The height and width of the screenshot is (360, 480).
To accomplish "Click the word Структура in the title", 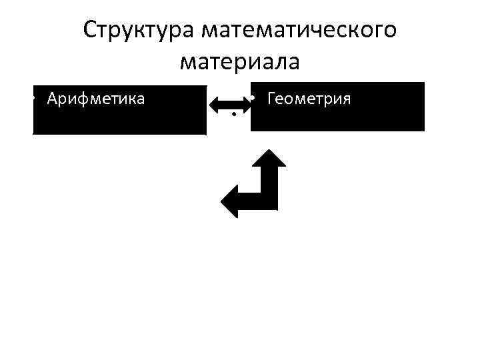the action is [x=137, y=29].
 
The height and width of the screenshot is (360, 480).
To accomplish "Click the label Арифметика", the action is [x=96, y=99].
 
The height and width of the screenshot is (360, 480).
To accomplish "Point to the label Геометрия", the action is [x=308, y=99].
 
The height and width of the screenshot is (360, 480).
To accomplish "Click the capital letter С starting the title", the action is [x=90, y=29].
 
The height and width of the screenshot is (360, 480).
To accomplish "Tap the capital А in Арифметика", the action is [x=52, y=99].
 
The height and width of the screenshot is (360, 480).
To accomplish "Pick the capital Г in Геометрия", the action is [x=270, y=99].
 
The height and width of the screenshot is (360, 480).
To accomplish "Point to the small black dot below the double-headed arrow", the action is [x=234, y=116].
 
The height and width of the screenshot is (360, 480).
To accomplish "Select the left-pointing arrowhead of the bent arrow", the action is [x=231, y=199].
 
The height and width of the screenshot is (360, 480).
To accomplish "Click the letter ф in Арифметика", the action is [x=79, y=99].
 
